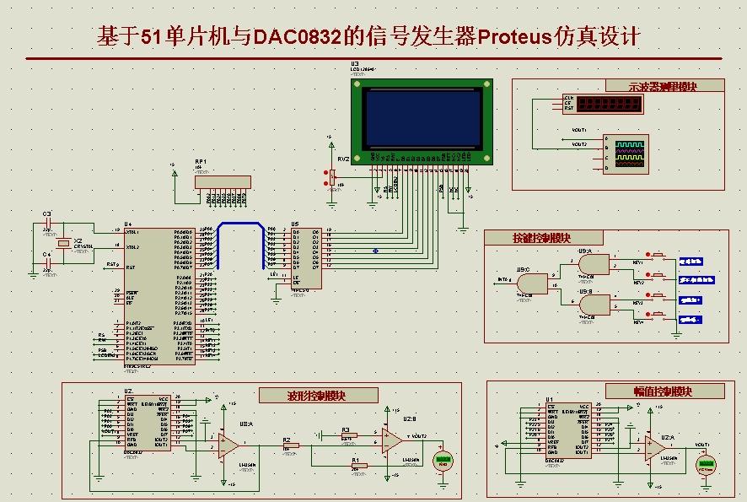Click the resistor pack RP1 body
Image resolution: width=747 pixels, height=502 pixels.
click(223, 181)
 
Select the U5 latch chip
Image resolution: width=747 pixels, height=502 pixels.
click(304, 256)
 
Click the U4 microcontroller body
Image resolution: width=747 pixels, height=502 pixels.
click(159, 295)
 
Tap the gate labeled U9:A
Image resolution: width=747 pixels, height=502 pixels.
click(594, 265)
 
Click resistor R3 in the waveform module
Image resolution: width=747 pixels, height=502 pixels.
click(347, 435)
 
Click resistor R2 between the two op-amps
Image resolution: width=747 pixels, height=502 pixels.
click(288, 445)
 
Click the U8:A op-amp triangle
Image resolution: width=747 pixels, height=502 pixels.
click(228, 445)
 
